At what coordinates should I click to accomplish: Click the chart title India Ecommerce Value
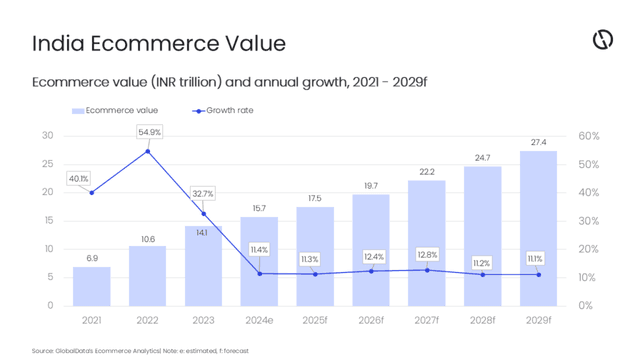tap(159, 43)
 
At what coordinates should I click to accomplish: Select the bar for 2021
tap(92, 286)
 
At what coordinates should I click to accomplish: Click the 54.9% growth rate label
tap(148, 132)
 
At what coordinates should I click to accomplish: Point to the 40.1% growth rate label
tap(78, 178)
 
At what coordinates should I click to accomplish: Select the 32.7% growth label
tap(205, 193)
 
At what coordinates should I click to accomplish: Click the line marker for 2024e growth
tap(259, 273)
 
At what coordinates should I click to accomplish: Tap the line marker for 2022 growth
tap(148, 151)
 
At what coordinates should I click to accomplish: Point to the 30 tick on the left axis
tap(47, 135)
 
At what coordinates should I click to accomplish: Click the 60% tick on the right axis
tap(589, 135)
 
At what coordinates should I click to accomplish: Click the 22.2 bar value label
tap(427, 172)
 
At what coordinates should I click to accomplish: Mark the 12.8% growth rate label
tap(427, 255)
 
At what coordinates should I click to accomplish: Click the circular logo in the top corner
tap(602, 40)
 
